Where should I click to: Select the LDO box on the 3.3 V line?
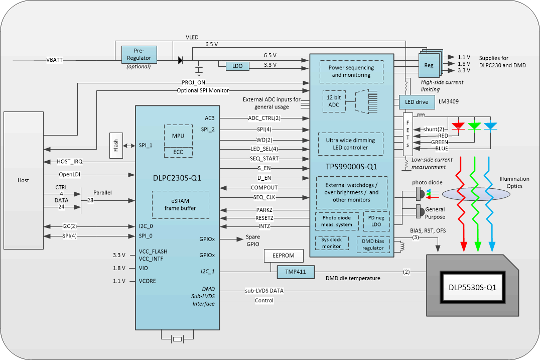tap(233, 66)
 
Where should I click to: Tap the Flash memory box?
tap(116, 145)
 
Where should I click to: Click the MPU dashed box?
tap(178, 136)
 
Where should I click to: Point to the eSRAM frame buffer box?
tap(180, 204)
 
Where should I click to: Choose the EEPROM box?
tap(284, 256)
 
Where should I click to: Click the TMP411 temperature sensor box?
tap(295, 272)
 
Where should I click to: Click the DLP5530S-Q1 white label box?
tap(472, 288)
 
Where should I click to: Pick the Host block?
tap(23, 180)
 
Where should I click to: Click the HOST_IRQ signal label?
tap(70, 161)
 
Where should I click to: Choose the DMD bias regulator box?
tap(373, 245)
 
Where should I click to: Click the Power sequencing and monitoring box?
tap(351, 71)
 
